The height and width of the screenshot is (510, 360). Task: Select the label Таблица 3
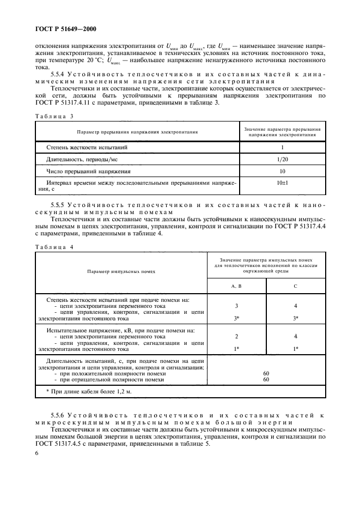tap(54, 116)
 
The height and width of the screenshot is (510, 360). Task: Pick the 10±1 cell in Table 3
tap(282, 184)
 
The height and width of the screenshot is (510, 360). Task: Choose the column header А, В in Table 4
tap(236, 285)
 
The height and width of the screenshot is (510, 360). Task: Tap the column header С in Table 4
tap(296, 285)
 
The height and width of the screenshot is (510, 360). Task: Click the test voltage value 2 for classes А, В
tap(236, 336)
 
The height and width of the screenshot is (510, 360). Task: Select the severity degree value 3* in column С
tap(296, 317)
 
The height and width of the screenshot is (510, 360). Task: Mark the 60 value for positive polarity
tap(266, 373)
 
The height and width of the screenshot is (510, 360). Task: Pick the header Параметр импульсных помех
tap(121, 270)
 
